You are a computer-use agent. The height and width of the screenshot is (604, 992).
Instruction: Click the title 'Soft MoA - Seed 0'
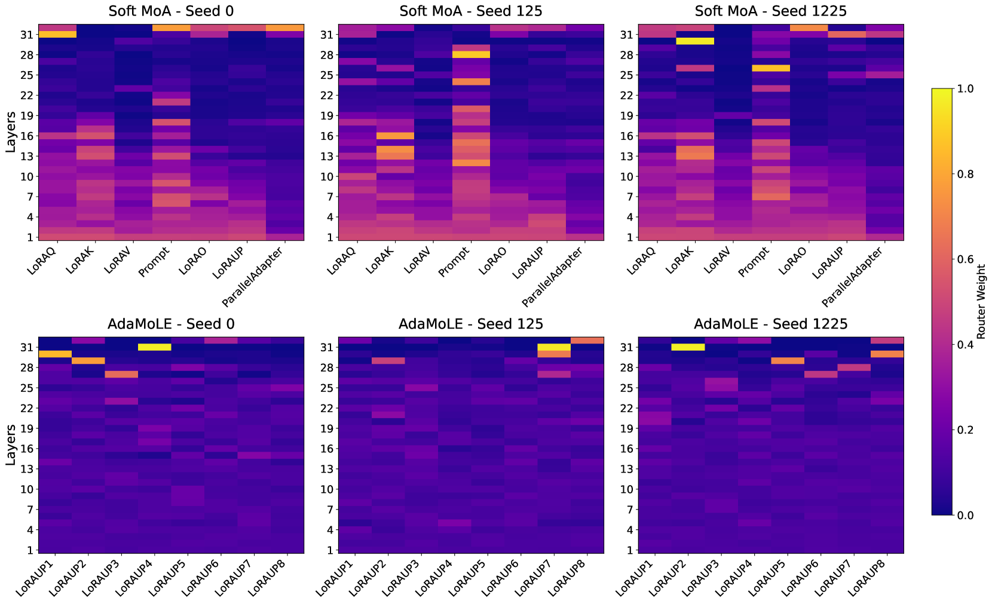click(171, 11)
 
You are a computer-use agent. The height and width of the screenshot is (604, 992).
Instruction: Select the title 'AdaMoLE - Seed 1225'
click(770, 324)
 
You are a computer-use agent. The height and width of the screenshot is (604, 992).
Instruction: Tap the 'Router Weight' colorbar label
click(981, 302)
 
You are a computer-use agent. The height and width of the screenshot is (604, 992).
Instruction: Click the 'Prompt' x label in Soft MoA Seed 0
click(154, 262)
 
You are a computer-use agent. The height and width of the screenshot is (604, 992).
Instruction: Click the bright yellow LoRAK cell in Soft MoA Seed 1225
click(694, 41)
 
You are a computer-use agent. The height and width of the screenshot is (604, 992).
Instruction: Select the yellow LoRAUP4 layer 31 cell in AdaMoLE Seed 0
click(155, 347)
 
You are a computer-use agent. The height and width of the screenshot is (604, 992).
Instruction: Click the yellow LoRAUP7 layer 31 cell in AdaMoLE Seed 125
click(554, 347)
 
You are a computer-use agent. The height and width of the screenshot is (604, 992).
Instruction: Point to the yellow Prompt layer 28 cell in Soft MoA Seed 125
click(471, 55)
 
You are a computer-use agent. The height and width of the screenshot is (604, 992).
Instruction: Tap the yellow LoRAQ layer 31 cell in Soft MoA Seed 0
click(57, 35)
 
